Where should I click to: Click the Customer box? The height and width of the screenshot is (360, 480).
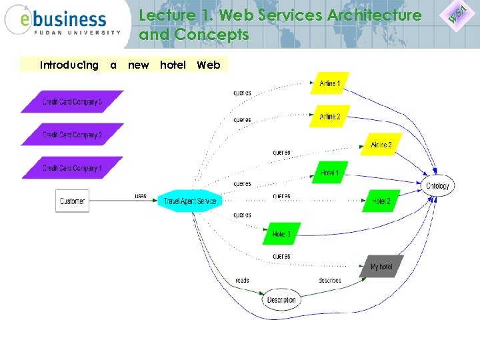pyautogui.click(x=72, y=201)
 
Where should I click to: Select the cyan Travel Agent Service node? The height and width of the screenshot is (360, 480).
pyautogui.click(x=189, y=201)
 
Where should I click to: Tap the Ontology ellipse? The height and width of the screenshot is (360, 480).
pyautogui.click(x=437, y=185)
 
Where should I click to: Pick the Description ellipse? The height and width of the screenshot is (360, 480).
pyautogui.click(x=281, y=300)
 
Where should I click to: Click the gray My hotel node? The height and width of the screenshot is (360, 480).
pyautogui.click(x=381, y=267)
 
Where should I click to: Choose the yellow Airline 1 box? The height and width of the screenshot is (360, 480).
pyautogui.click(x=329, y=83)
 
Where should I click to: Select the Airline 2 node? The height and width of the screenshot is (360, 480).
pyautogui.click(x=329, y=117)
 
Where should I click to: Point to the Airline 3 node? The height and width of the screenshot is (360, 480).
pyautogui.click(x=381, y=145)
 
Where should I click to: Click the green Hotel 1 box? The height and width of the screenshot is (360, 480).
pyautogui.click(x=329, y=173)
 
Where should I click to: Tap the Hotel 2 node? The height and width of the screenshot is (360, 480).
pyautogui.click(x=381, y=201)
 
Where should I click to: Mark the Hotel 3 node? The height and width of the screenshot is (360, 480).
pyautogui.click(x=281, y=234)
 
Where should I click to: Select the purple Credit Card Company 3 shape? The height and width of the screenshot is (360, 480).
pyautogui.click(x=72, y=102)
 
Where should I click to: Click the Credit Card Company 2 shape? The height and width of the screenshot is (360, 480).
pyautogui.click(x=72, y=135)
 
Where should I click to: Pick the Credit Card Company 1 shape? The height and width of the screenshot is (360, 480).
pyautogui.click(x=72, y=168)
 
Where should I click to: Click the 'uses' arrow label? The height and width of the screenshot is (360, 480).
pyautogui.click(x=141, y=196)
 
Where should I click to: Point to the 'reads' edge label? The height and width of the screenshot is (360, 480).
pyautogui.click(x=242, y=281)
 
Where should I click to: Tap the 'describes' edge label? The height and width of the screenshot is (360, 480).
pyautogui.click(x=329, y=281)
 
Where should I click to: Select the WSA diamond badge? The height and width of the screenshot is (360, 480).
pyautogui.click(x=457, y=13)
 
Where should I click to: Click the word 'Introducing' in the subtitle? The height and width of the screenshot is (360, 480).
pyautogui.click(x=69, y=65)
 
